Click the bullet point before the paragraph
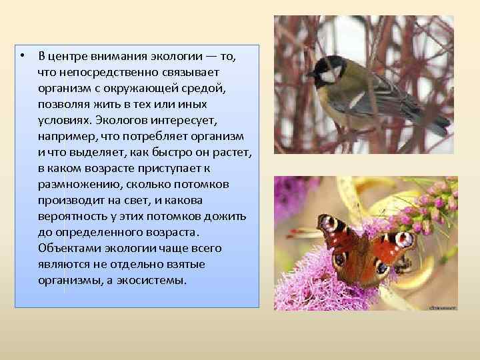tap(23, 54)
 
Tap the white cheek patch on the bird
tap(329, 75)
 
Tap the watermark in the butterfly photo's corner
tap(441, 307)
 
